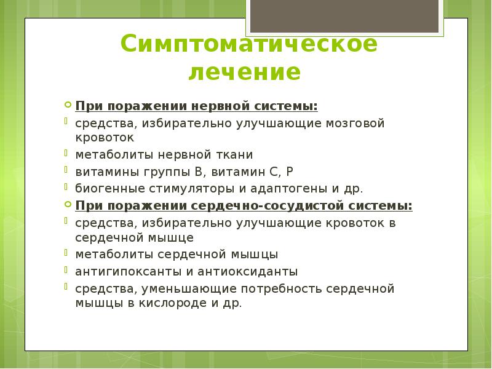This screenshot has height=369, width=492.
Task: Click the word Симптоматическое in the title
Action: (248, 44)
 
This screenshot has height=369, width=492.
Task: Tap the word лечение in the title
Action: (244, 73)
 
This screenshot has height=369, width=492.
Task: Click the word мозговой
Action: (355, 123)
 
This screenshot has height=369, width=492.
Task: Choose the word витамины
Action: (102, 172)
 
